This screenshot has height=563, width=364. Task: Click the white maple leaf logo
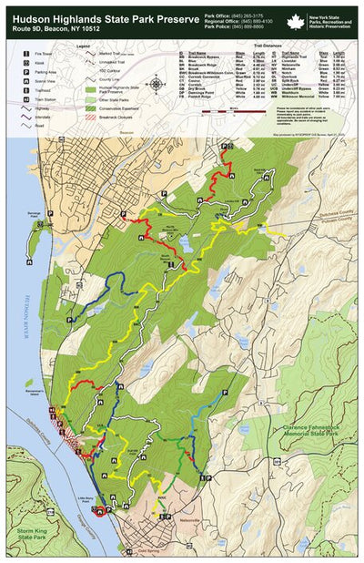pyautogui.click(x=295, y=22)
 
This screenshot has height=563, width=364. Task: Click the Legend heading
pyautogui.click(x=83, y=45)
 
